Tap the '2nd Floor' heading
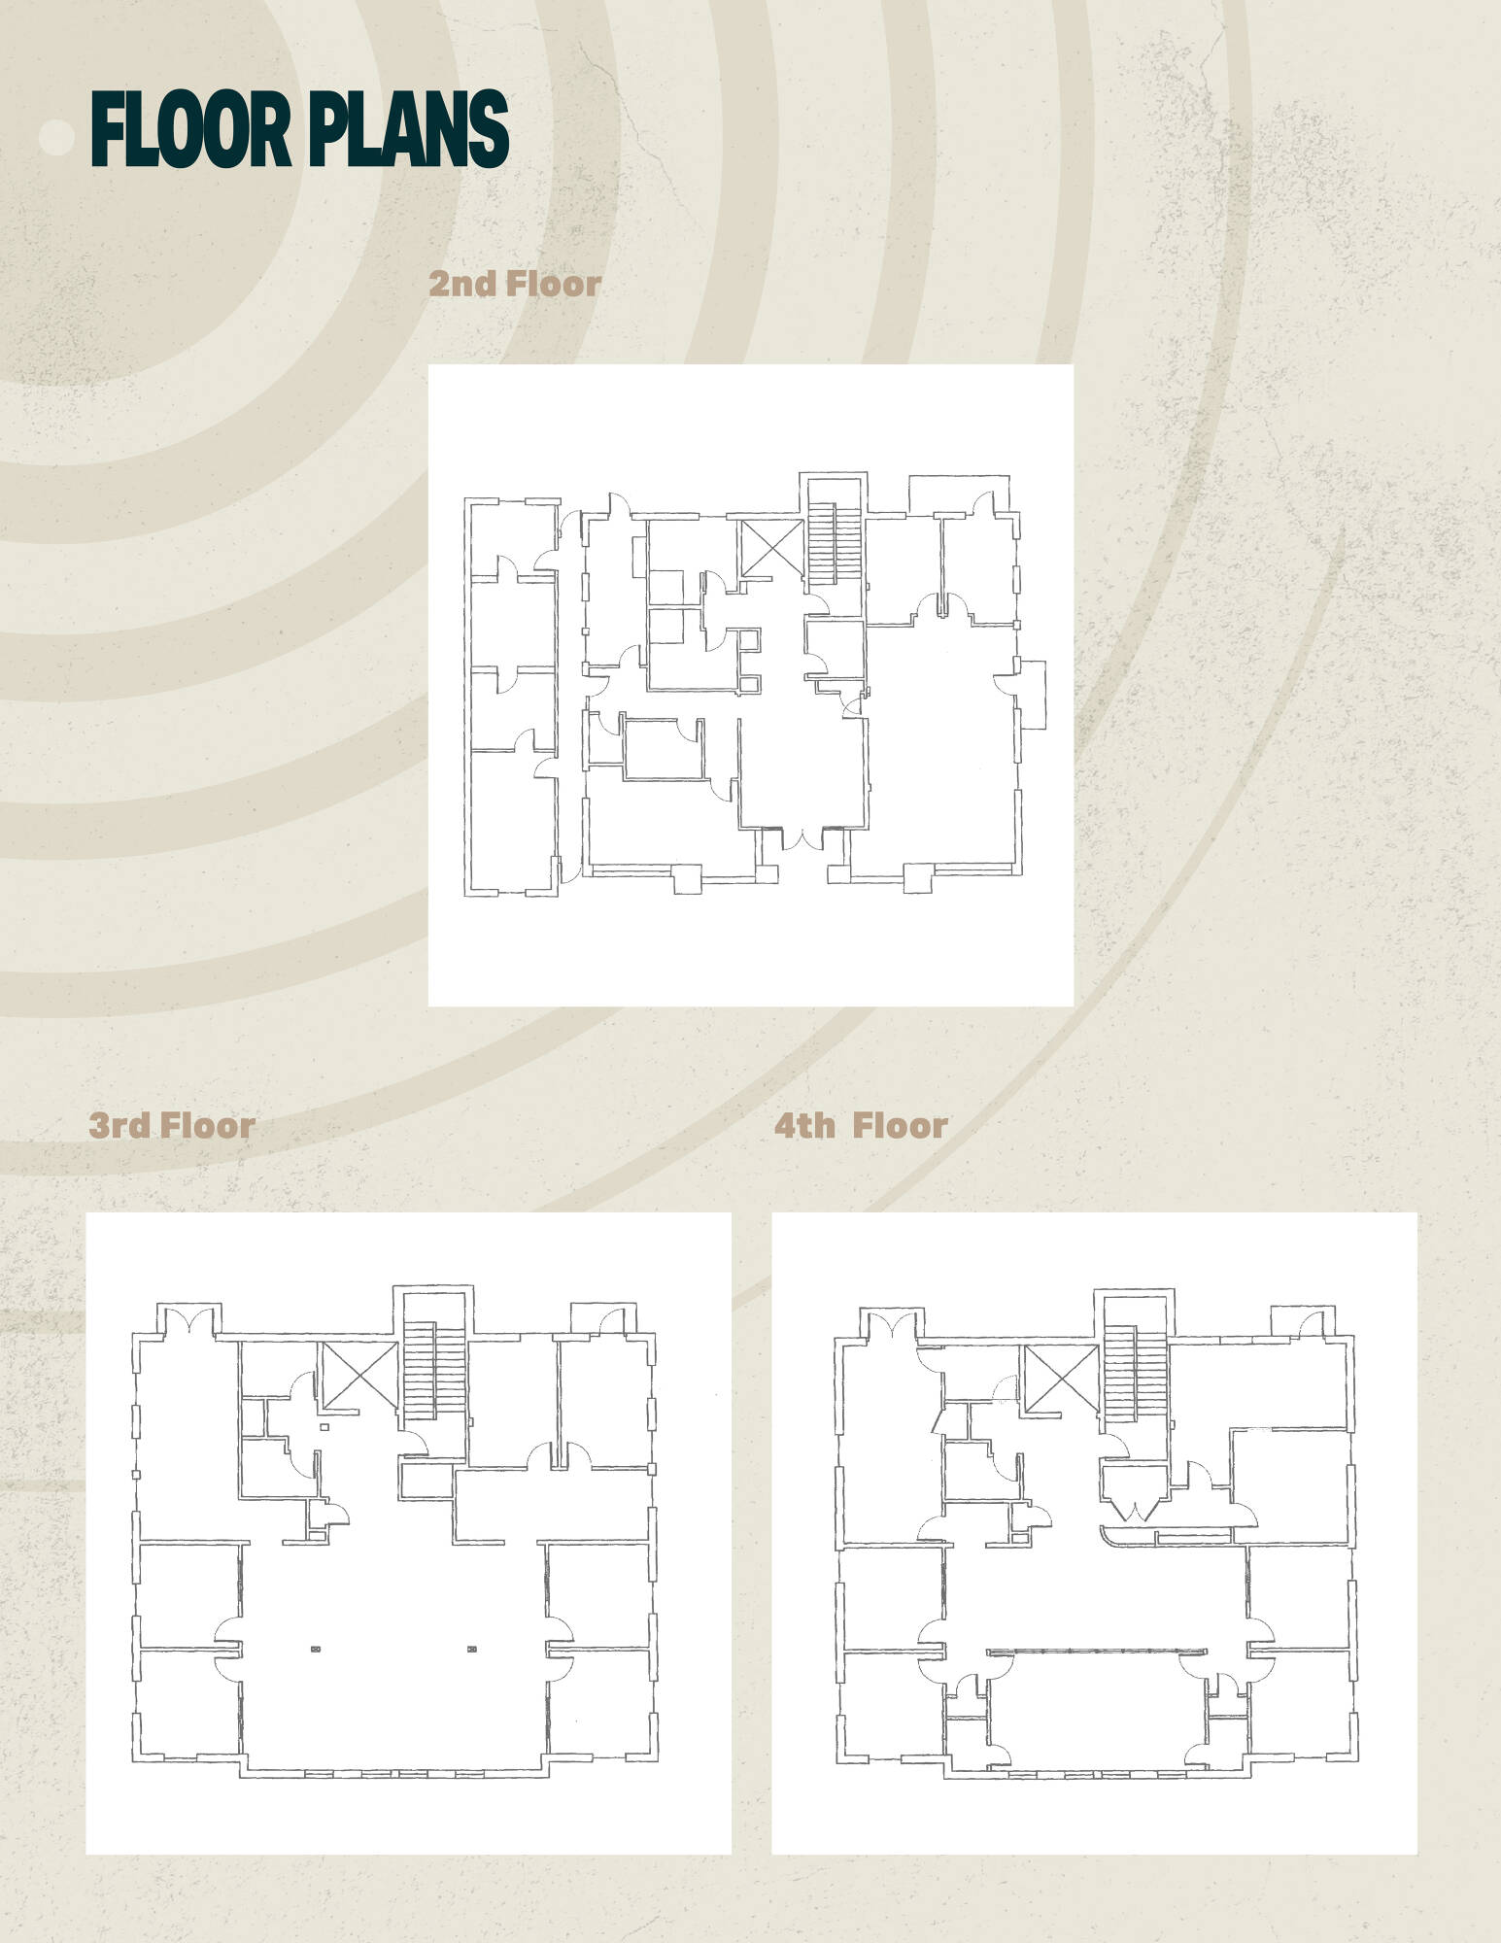point(515,284)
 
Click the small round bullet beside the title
point(57,138)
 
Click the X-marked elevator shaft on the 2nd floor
point(771,549)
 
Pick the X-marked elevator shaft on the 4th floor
point(1060,1377)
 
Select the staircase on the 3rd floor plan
point(420,1370)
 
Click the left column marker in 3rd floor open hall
point(316,1648)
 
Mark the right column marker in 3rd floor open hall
point(472,1648)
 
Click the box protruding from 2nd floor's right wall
point(1032,695)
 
